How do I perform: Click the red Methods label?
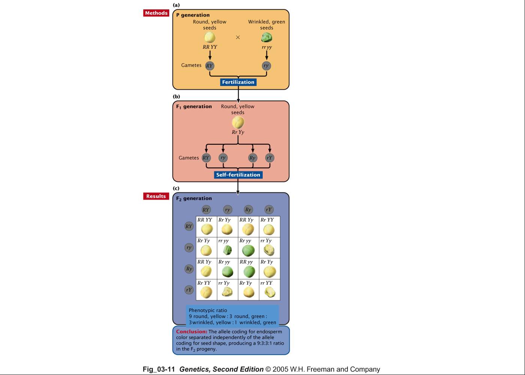pyautogui.click(x=156, y=13)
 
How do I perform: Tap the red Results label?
pyautogui.click(x=156, y=196)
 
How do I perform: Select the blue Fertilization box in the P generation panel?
pyautogui.click(x=238, y=82)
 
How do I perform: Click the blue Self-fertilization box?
pyautogui.click(x=238, y=175)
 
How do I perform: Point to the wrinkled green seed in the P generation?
pyautogui.click(x=266, y=37)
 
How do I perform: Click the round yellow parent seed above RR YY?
pyautogui.click(x=210, y=37)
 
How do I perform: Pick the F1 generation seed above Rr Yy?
pyautogui.click(x=238, y=122)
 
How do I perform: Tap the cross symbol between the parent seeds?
pyautogui.click(x=238, y=37)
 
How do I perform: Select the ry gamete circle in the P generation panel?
pyautogui.click(x=266, y=66)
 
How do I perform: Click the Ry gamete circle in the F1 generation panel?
pyautogui.click(x=253, y=158)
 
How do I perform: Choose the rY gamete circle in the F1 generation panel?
pyautogui.click(x=270, y=158)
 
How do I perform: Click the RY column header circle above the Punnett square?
pyautogui.click(x=206, y=210)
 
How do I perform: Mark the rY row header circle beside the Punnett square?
pyautogui.click(x=189, y=290)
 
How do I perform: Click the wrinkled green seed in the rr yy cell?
pyautogui.click(x=227, y=250)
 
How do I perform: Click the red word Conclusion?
pyautogui.click(x=192, y=331)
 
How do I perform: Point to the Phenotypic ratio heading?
pyautogui.click(x=208, y=310)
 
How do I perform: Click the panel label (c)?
pyautogui.click(x=176, y=188)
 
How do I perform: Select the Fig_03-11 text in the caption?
pyautogui.click(x=159, y=369)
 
